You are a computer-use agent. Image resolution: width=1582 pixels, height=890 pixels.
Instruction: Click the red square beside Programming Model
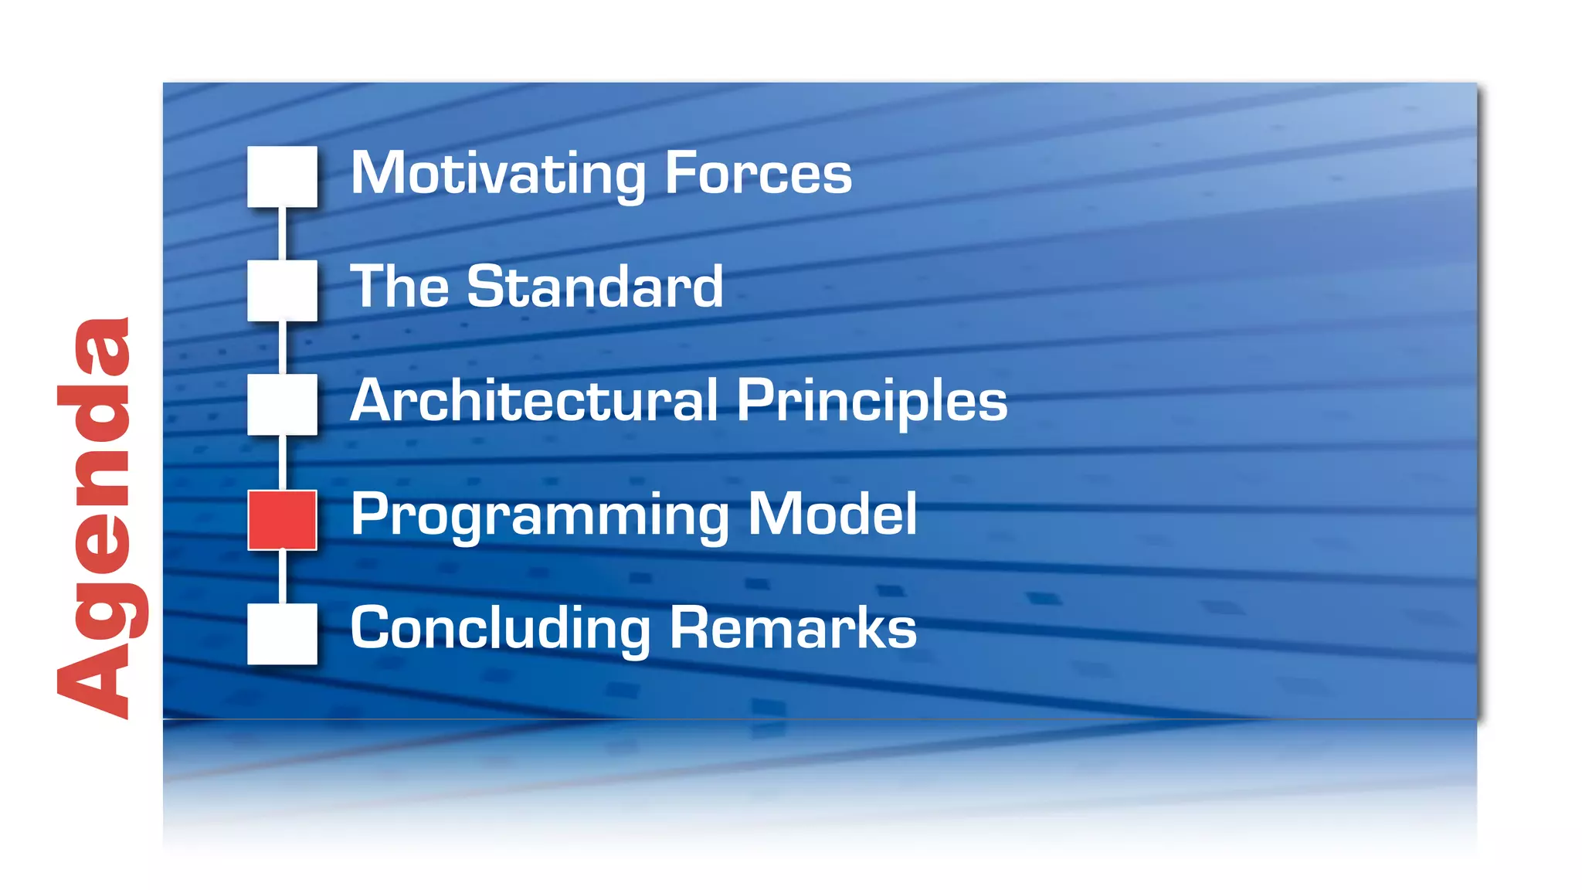coord(282,520)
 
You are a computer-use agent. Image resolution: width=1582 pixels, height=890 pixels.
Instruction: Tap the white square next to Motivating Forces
coord(282,176)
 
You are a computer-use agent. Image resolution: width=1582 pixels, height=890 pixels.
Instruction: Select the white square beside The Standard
coord(282,290)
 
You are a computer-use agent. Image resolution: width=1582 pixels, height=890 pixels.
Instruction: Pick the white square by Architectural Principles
coord(282,404)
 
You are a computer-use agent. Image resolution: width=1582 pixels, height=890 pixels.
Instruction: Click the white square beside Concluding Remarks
coord(282,634)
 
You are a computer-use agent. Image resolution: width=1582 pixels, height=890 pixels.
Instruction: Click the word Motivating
coord(498,174)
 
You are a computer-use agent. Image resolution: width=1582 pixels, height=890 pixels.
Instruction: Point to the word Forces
coord(758,174)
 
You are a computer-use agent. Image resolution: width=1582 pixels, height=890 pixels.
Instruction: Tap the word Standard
coord(595,287)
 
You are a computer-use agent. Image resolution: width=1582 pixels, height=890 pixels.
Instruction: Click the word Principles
coord(871,402)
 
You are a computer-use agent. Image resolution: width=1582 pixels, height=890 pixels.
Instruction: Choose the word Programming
coord(539,516)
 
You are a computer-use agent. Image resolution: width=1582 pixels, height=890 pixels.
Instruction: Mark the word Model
coord(833,515)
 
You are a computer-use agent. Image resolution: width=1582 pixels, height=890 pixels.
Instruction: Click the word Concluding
coord(501,629)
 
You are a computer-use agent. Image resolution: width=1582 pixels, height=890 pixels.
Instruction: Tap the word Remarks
coord(793,629)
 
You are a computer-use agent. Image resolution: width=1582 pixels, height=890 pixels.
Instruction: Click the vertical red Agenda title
coord(97,518)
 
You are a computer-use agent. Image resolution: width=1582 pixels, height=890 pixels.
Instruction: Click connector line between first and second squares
coord(282,233)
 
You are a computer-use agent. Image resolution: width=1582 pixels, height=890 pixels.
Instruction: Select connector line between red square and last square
coord(282,576)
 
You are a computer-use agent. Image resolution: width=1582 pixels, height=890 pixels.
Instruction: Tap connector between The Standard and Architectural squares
coord(282,348)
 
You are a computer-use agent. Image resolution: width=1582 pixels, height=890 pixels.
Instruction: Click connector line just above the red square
coord(282,462)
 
